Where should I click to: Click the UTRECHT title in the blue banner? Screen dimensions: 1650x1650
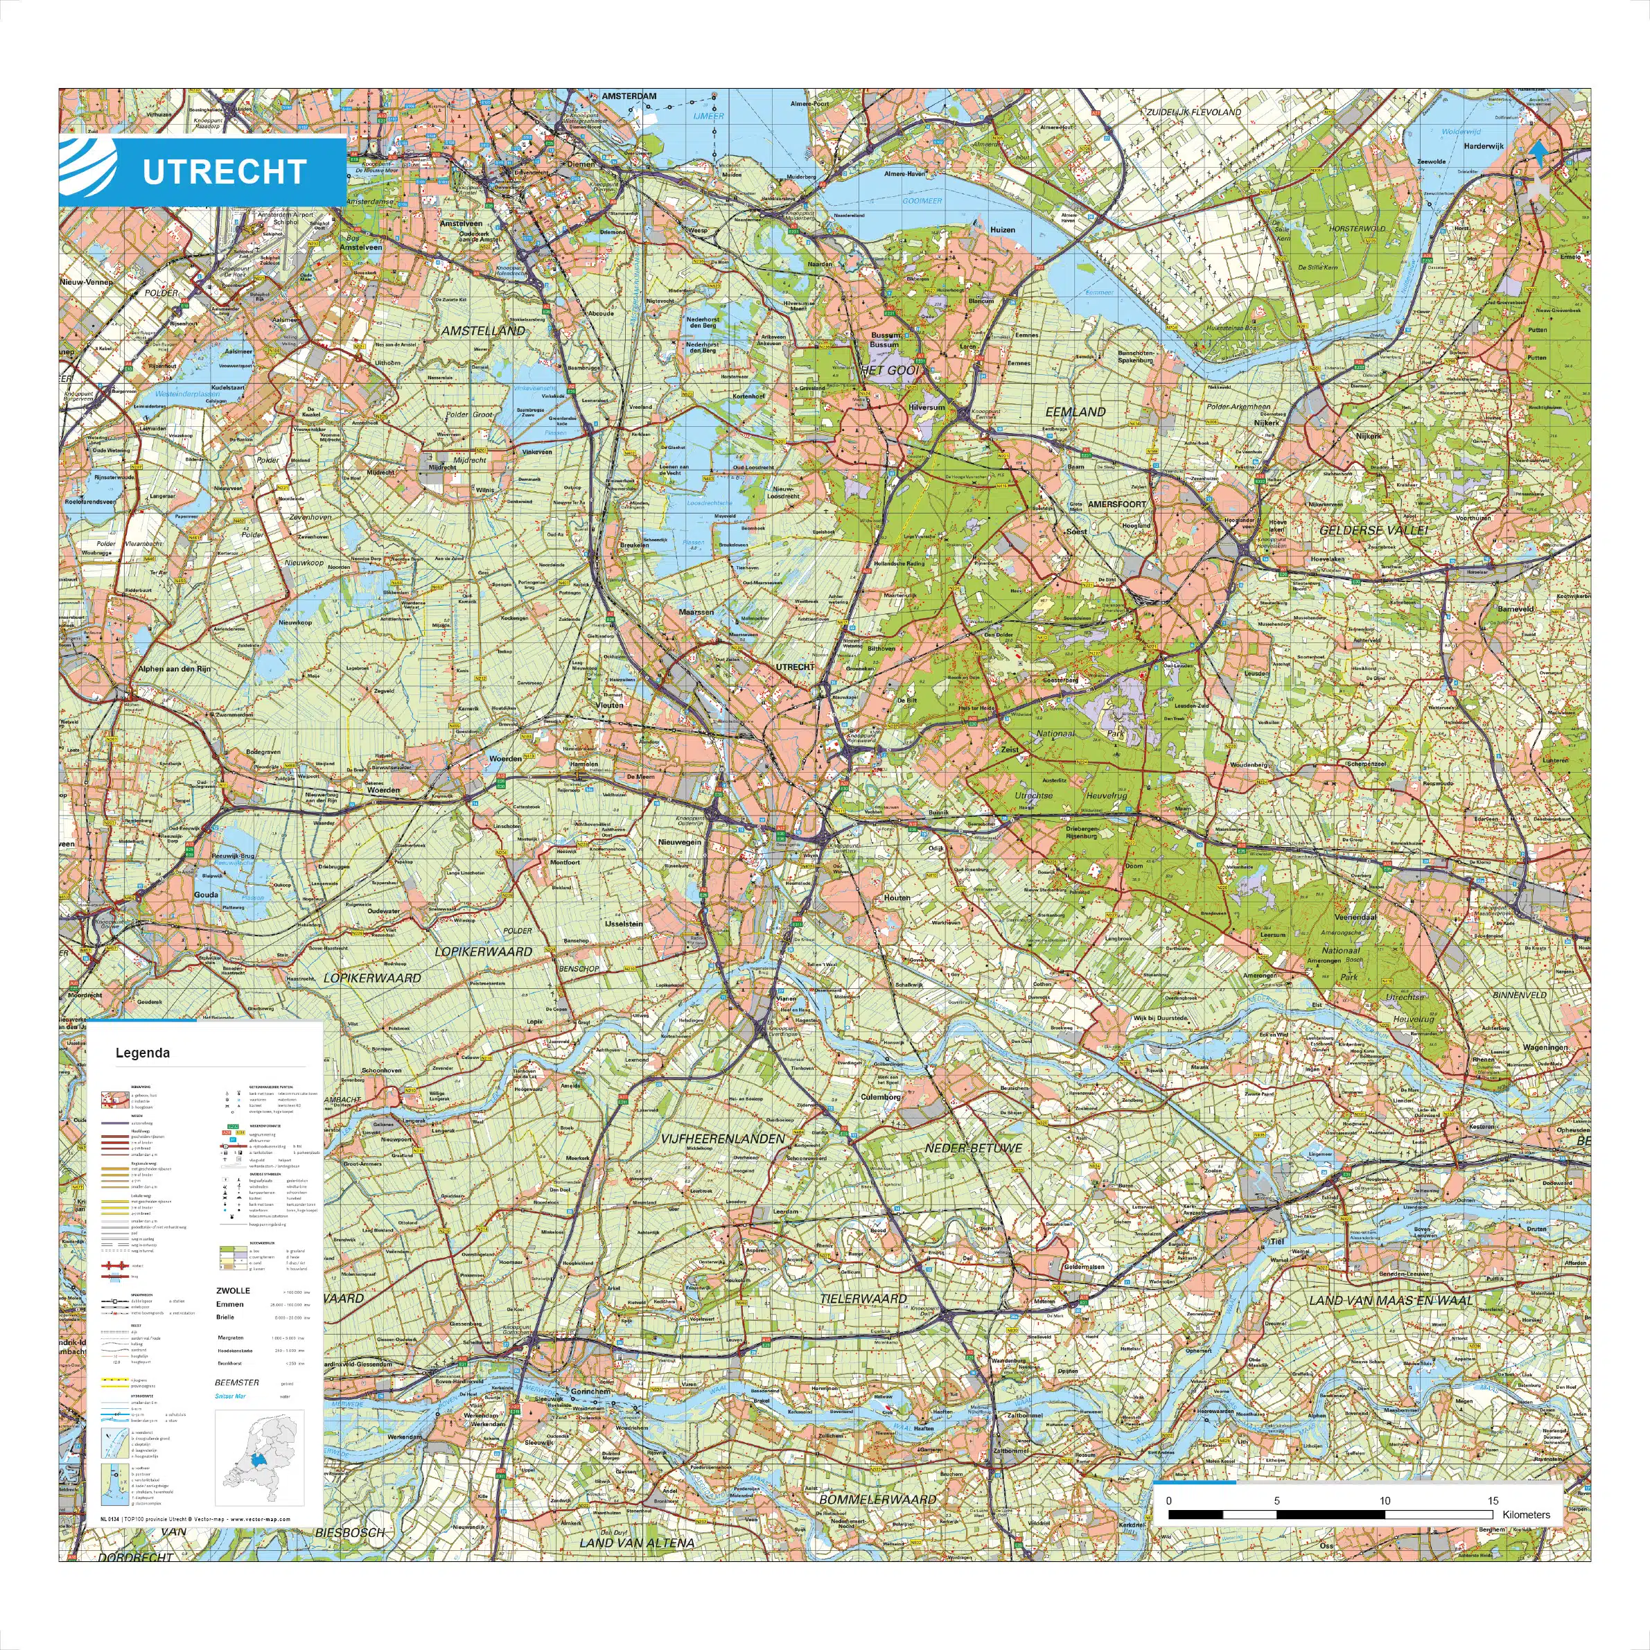[x=224, y=172]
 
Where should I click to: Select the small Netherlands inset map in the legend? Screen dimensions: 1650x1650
[x=260, y=1451]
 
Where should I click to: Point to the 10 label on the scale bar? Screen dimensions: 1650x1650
[x=1385, y=1500]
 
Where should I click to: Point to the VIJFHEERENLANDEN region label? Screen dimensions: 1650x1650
[x=721, y=1139]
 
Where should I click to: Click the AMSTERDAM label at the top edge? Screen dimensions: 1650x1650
[x=629, y=96]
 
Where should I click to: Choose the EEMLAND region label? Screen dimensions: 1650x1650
[x=1076, y=412]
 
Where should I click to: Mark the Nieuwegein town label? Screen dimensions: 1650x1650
[x=679, y=843]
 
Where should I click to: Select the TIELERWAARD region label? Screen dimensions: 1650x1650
[x=863, y=1299]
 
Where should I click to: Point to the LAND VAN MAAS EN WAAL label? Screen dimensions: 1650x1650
[x=1392, y=1300]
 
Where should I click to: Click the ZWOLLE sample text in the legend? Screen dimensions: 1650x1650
[x=233, y=1290]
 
